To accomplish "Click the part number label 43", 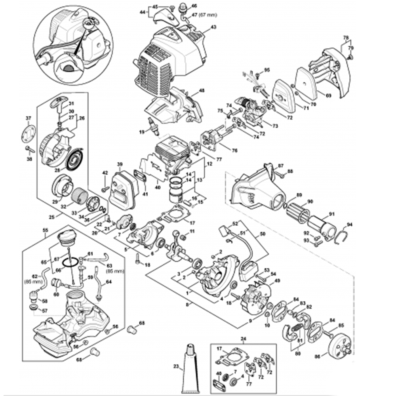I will tap(213, 27).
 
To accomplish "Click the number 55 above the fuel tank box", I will tap(45, 230).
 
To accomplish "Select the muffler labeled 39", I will tap(122, 192).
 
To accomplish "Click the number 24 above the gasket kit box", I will tap(243, 339).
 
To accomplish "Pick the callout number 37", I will tap(28, 118).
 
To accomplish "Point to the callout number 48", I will tap(202, 91).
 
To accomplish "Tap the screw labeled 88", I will tap(280, 172).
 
